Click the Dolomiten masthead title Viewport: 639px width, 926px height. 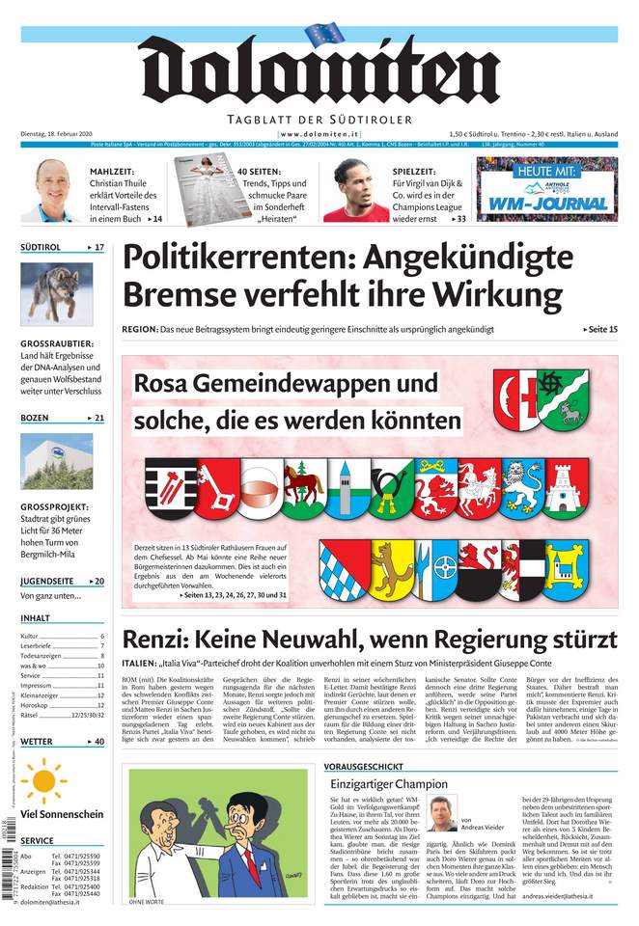tap(319, 72)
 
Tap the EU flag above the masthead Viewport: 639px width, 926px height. tap(324, 35)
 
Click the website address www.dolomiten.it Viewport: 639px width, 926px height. tap(319, 133)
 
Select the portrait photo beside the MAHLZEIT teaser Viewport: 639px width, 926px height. tap(52, 190)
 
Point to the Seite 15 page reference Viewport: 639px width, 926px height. tap(600, 330)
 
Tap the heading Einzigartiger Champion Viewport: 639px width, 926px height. tap(388, 783)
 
